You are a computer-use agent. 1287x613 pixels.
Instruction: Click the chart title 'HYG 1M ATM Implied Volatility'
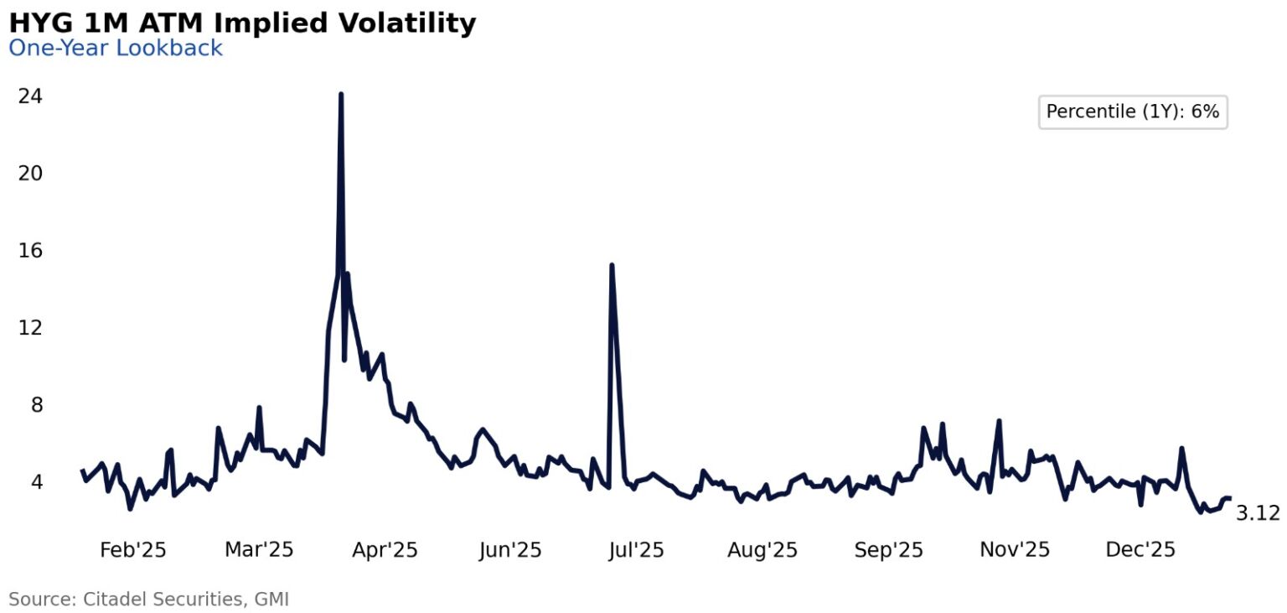click(242, 23)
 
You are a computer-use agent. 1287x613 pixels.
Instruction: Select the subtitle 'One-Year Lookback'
click(116, 48)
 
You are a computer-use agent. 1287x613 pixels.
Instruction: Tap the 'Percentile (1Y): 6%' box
click(1132, 112)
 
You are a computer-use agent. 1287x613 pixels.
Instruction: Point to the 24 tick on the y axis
click(30, 96)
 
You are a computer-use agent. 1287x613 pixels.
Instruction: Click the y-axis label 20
click(30, 174)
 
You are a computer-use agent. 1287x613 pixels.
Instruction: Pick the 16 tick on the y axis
click(30, 251)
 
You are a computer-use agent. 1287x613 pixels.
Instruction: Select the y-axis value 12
click(30, 328)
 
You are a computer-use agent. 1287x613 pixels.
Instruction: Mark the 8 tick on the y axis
click(36, 405)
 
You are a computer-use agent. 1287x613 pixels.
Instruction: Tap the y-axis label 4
click(36, 482)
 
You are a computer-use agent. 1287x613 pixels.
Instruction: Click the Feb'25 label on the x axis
click(132, 550)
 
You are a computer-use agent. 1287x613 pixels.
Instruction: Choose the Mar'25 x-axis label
click(259, 550)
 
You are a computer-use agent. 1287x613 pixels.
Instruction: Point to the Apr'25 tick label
click(385, 550)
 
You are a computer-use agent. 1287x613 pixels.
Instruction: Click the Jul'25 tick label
click(635, 550)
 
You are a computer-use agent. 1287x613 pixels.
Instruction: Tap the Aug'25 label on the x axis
click(762, 550)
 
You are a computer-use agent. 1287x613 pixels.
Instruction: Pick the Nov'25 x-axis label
click(1014, 550)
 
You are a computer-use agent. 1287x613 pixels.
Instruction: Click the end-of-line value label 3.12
click(1258, 513)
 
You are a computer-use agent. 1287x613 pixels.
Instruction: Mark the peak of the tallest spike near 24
click(340, 94)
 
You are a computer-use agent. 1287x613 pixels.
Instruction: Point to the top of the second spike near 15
click(612, 266)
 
